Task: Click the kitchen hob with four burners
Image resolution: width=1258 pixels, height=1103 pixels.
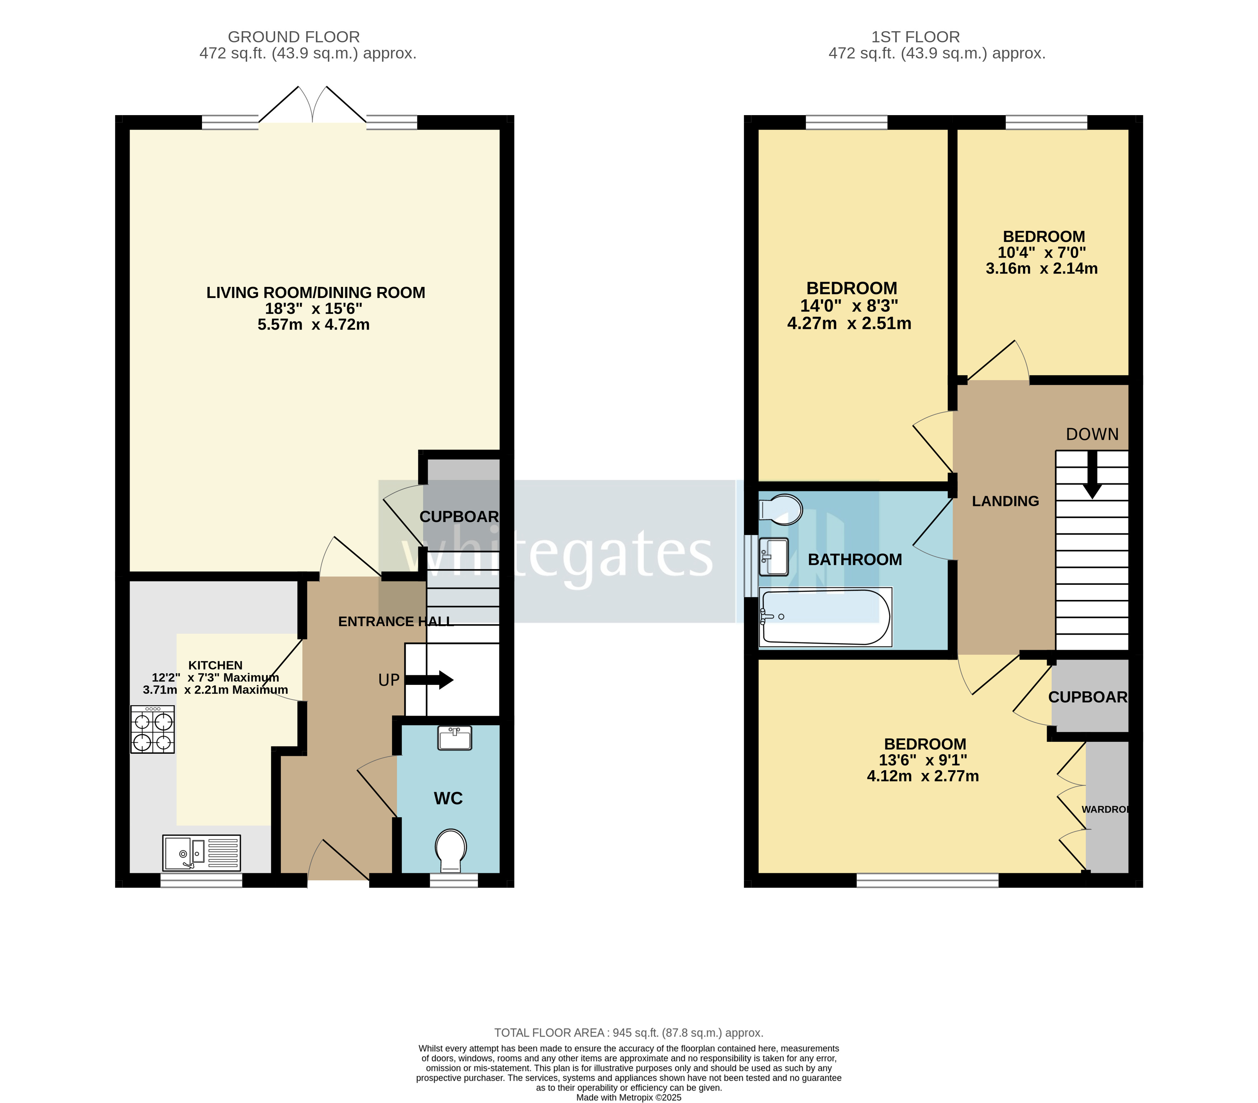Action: point(153,730)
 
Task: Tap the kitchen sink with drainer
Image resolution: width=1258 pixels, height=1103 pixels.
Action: point(201,853)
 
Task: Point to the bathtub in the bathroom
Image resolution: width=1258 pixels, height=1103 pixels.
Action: point(825,617)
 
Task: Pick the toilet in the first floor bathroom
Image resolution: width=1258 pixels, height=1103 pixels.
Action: point(781,509)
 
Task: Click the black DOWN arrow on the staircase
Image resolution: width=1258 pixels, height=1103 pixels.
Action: point(1092,474)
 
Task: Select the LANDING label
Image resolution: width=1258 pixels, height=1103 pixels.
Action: point(1005,501)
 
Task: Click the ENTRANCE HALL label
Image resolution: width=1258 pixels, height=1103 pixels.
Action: point(396,621)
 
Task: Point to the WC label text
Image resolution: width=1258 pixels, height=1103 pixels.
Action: point(448,799)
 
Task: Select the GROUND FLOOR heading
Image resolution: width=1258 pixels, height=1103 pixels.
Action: point(293,37)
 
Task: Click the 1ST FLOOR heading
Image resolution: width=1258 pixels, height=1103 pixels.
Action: point(915,37)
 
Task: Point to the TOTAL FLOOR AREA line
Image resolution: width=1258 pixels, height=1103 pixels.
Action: point(628,1033)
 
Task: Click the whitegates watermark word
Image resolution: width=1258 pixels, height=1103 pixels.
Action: point(557,554)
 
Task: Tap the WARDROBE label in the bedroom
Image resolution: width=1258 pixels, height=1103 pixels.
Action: point(1105,810)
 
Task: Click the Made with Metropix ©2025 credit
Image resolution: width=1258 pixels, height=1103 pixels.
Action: point(628,1098)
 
